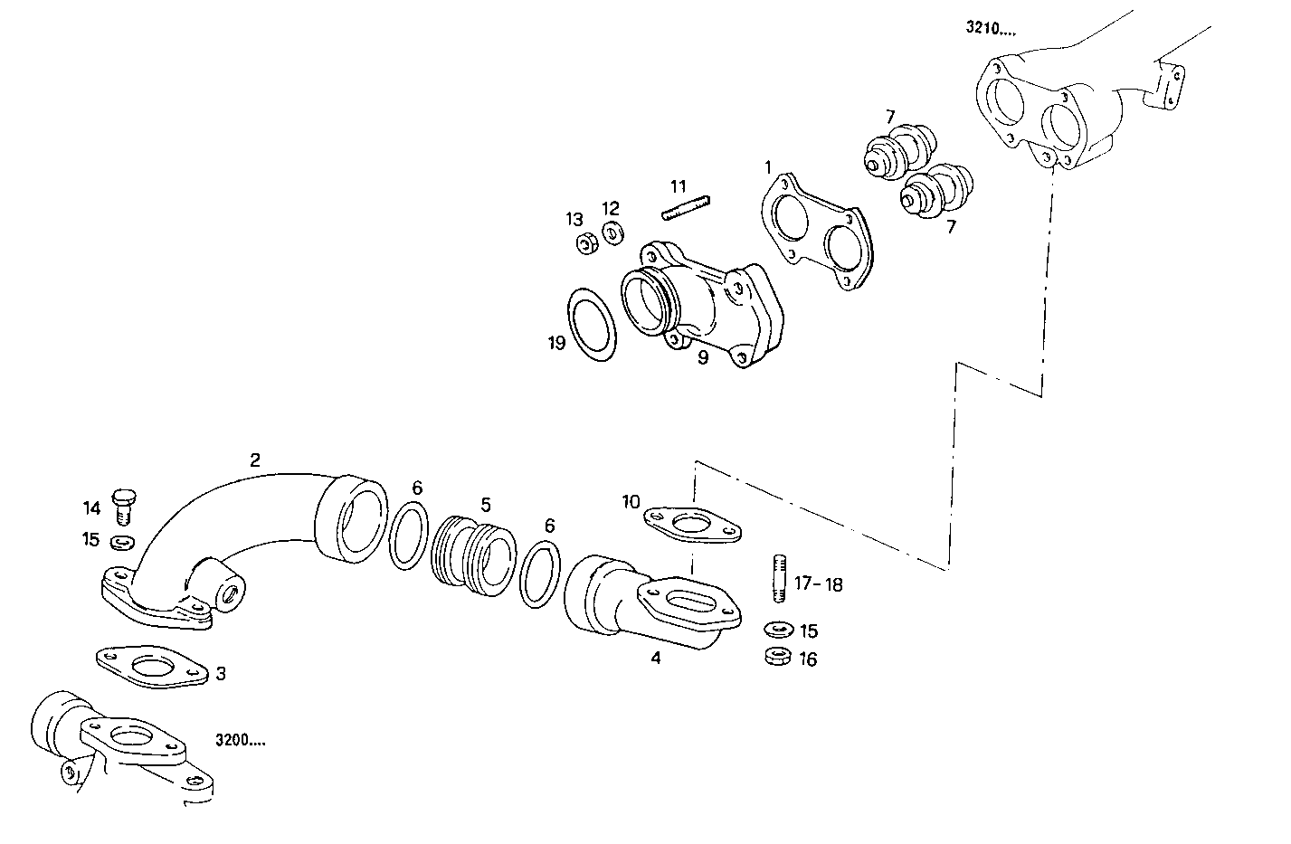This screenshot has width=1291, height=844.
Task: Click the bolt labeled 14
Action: tap(123, 507)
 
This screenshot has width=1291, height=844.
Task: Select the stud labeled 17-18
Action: tap(779, 578)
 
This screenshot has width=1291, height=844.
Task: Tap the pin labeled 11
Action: tap(686, 208)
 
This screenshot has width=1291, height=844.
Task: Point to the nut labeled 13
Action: tap(587, 243)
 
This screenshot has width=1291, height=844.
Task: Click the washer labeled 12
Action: tap(612, 233)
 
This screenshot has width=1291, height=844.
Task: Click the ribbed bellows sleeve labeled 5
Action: tap(472, 556)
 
